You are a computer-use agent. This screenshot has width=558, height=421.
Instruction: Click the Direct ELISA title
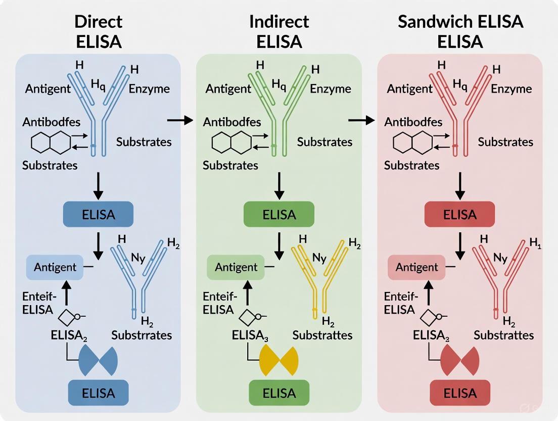pos(99,31)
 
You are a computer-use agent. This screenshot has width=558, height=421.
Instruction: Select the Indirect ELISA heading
pos(279,31)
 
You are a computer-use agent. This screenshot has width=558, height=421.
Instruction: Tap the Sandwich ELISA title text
pos(460,31)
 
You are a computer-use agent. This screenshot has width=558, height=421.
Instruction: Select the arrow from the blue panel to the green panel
pos(180,120)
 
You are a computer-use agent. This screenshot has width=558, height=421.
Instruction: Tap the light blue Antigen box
pos(55,267)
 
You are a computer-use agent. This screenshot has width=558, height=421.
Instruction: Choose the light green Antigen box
pos(236,267)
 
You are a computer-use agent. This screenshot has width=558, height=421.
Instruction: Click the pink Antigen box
pos(416,267)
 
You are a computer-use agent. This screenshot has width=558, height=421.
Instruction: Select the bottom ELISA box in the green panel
pos(279,393)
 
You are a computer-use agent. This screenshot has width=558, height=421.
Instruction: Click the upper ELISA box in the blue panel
pos(98,214)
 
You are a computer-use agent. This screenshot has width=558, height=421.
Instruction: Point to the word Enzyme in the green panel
pos(330,89)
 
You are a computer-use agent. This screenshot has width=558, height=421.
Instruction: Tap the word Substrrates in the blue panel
pos(142,335)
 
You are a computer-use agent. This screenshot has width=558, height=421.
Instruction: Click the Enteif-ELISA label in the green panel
pos(219,303)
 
